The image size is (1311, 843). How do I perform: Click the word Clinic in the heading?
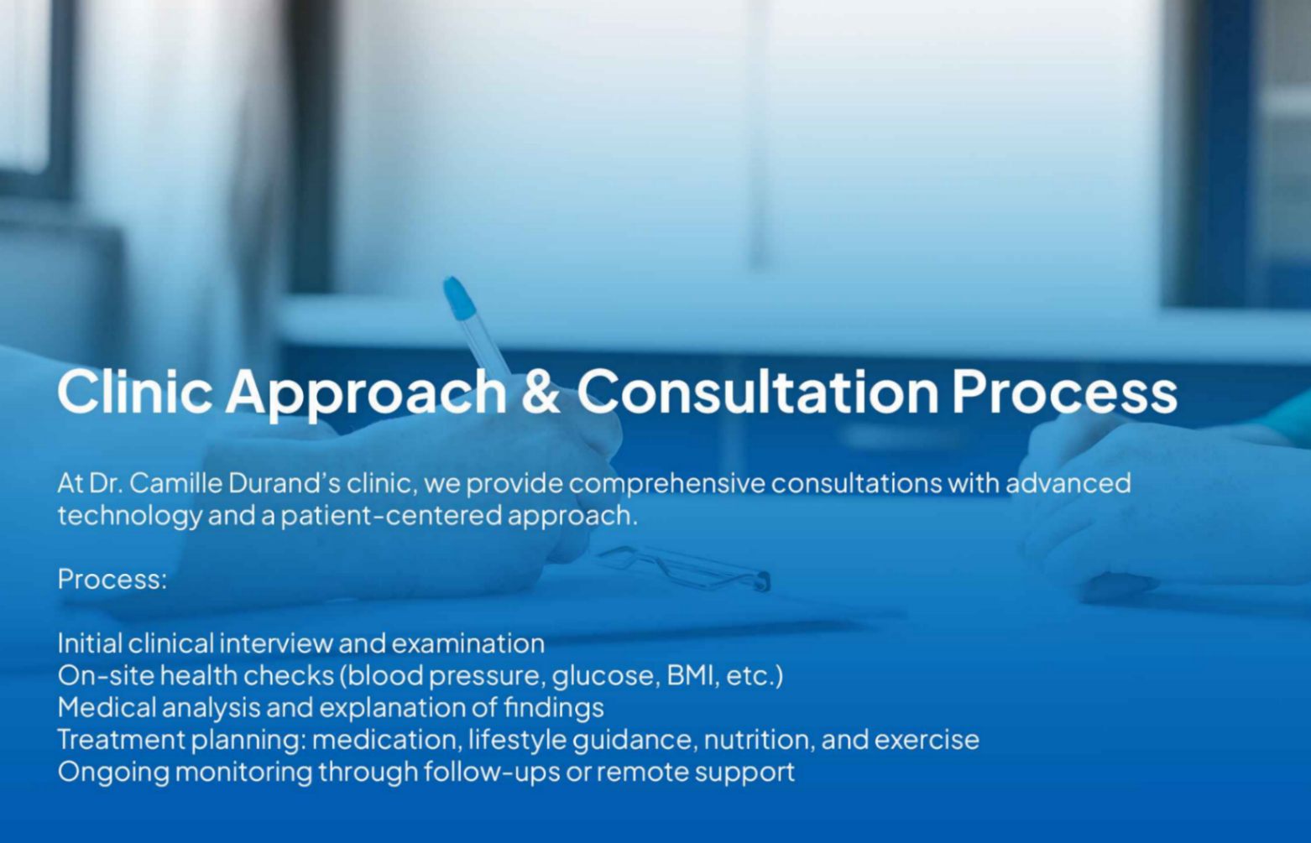(134, 391)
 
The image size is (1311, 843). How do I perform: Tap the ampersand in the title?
(541, 391)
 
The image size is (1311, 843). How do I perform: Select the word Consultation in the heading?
(757, 391)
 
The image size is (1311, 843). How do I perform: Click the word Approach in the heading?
(366, 391)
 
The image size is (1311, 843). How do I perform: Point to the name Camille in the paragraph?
(176, 483)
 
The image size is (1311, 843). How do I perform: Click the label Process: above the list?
(112, 579)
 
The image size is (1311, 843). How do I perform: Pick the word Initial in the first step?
(91, 643)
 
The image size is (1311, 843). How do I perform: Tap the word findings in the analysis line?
(553, 707)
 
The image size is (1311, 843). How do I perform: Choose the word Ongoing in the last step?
(113, 772)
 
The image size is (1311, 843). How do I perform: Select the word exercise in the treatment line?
(927, 740)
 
